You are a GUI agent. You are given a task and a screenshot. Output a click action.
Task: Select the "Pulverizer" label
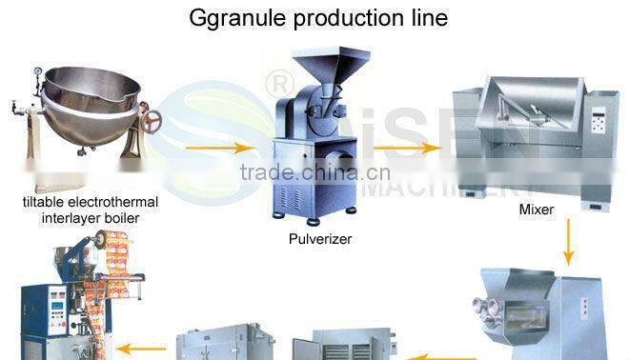320,239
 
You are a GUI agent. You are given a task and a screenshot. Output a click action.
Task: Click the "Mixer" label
537,208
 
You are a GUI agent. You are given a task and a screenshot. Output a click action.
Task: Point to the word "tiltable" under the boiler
46,202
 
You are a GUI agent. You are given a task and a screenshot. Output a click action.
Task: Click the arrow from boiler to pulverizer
219,148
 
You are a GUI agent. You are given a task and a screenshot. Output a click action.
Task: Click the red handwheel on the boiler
151,120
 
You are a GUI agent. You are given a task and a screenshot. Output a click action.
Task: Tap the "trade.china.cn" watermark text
314,173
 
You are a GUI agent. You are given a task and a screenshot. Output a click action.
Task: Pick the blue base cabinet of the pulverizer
308,181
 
